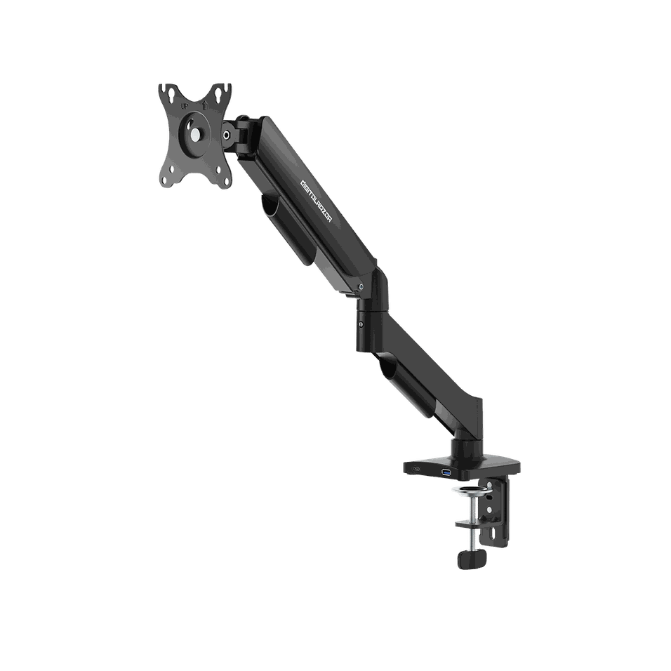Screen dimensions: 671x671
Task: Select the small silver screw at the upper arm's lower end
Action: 360,287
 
